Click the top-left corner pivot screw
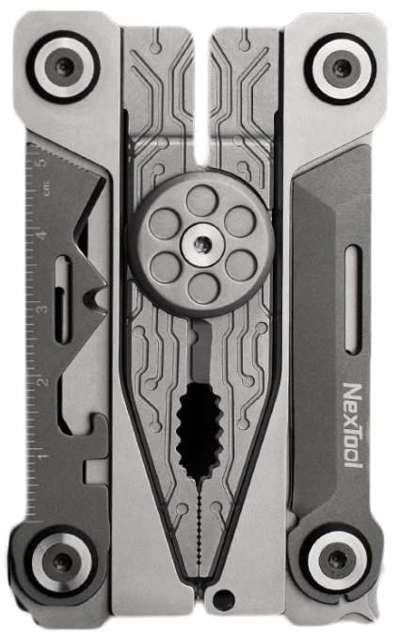point(63,66)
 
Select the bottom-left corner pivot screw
point(62,563)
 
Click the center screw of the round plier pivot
point(200,244)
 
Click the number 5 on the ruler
point(42,161)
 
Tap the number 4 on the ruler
point(42,234)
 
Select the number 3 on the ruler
point(42,308)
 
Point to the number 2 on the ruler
point(42,381)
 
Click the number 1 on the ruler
point(42,455)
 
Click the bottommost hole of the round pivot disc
point(200,288)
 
